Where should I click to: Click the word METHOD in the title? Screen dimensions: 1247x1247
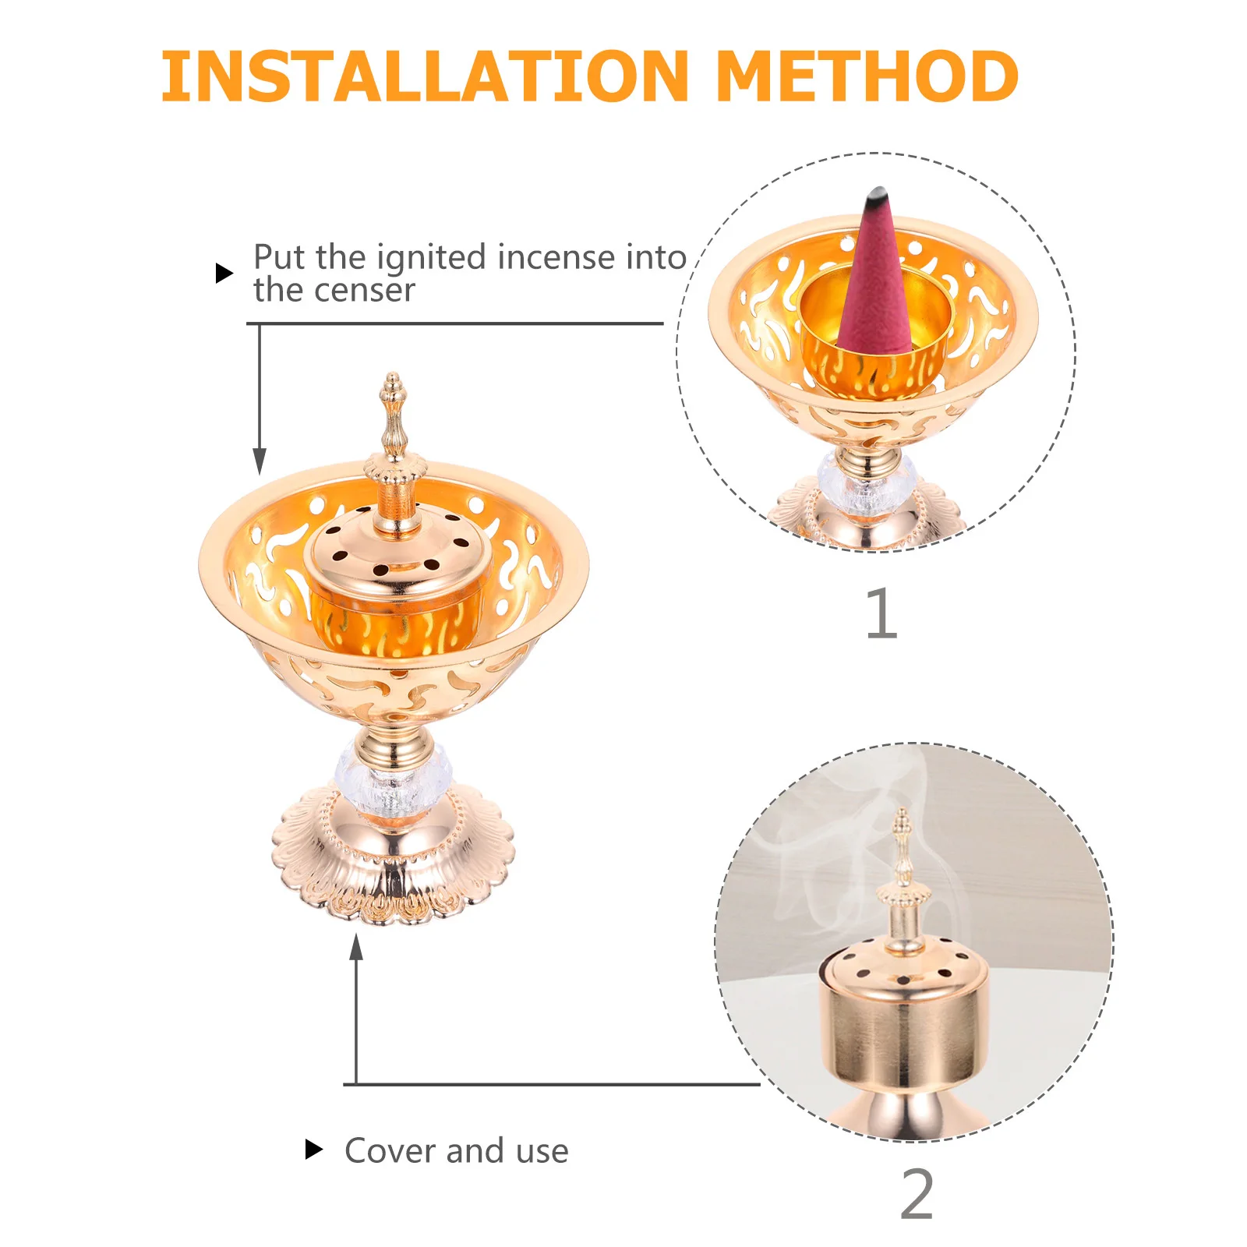(x=866, y=76)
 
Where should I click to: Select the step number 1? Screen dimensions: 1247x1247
(x=881, y=613)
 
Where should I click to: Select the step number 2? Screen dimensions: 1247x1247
(x=917, y=1193)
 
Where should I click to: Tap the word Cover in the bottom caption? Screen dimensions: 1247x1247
(x=389, y=1150)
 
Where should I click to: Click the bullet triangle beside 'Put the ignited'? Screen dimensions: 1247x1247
(x=224, y=273)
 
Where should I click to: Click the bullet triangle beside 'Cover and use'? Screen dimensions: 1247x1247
(x=313, y=1149)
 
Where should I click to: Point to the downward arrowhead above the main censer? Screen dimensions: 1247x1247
(x=260, y=461)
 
